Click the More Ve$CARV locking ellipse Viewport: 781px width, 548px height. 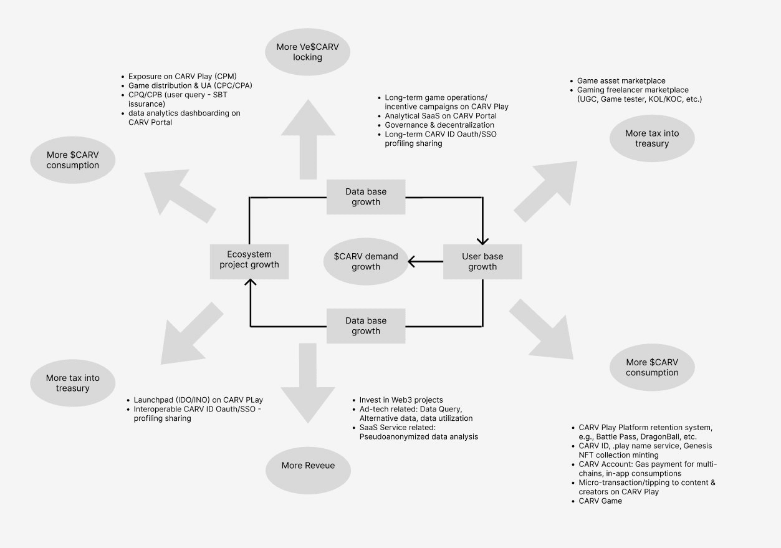tap(307, 52)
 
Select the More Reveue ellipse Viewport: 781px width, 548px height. tap(308, 470)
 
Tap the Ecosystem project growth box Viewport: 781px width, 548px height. tap(249, 262)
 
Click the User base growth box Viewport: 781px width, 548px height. tap(482, 262)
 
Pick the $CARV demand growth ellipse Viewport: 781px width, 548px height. tap(366, 262)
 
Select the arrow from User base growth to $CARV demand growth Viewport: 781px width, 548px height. tap(425, 261)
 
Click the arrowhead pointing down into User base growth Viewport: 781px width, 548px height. tap(482, 241)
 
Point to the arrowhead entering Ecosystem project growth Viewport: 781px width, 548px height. tap(251, 282)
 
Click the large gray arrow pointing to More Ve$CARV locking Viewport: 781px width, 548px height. tap(308, 140)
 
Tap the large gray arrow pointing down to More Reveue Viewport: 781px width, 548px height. tap(308, 383)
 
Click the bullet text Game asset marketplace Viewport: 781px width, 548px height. tap(621, 81)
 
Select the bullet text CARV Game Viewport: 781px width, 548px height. tap(600, 501)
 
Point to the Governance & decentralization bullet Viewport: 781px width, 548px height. tap(439, 125)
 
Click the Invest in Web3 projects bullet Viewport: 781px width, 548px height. tap(401, 400)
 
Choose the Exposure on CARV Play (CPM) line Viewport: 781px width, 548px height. tap(183, 77)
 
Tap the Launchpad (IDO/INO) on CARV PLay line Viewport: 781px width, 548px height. tap(198, 400)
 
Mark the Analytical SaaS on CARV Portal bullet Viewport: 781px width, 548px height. tap(441, 116)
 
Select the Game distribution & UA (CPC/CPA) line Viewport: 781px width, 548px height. tap(190, 85)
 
